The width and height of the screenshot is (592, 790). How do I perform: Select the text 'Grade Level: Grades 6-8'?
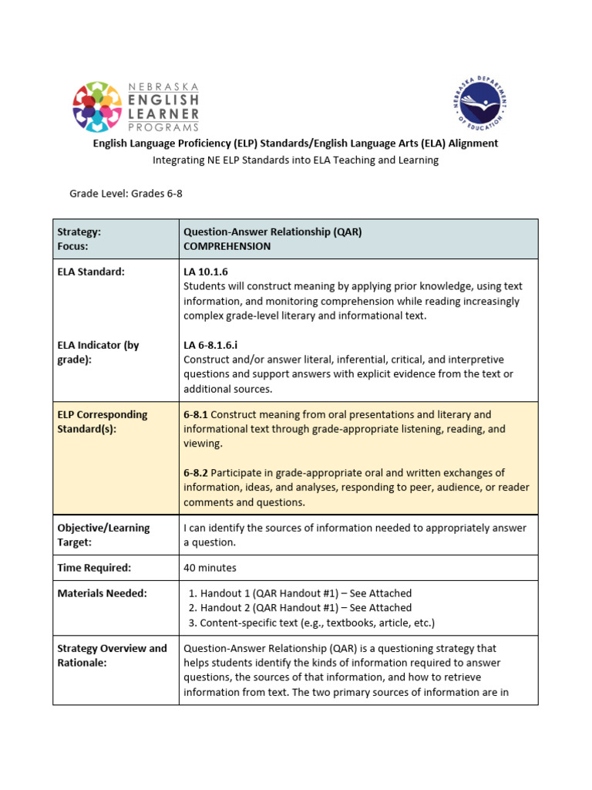coord(126,194)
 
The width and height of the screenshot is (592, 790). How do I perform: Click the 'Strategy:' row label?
coord(79,231)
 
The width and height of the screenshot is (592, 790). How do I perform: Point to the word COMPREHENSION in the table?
coord(227,246)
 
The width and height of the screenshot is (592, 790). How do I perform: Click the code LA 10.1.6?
coord(206,272)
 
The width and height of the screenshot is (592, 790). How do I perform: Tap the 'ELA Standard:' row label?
coord(90,272)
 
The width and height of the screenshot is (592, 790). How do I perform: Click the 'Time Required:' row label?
coord(94,568)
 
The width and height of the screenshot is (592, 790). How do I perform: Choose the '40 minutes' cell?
coord(210,568)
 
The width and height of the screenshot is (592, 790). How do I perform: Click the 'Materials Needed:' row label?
coord(102,593)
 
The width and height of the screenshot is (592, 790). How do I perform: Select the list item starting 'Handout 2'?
coord(305,608)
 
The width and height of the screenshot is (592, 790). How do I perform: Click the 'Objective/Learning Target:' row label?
coord(103,535)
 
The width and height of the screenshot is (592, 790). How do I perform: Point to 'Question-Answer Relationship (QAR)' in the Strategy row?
coord(272,231)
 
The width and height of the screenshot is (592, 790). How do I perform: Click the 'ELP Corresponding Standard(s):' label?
coord(102,421)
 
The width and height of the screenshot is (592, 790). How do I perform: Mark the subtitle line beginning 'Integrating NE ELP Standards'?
coord(295,160)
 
